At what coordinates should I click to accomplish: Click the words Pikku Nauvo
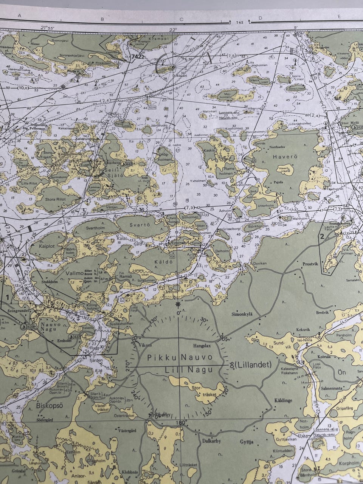(180, 357)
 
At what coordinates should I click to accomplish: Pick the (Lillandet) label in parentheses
(253, 365)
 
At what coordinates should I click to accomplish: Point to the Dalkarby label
(211, 441)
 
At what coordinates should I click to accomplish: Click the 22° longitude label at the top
(173, 30)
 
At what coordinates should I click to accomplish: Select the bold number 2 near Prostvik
(322, 237)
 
